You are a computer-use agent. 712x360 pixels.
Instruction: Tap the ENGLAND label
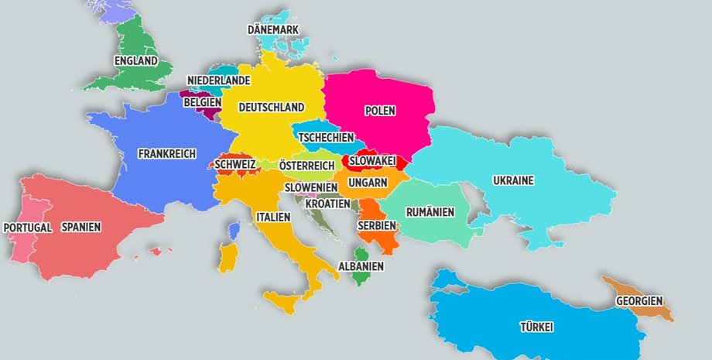pyautogui.click(x=135, y=61)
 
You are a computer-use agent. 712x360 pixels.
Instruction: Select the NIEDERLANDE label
pyautogui.click(x=218, y=81)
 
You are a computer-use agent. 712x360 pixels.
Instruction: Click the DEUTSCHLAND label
pyautogui.click(x=271, y=107)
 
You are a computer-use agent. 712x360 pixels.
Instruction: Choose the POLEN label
pyautogui.click(x=380, y=111)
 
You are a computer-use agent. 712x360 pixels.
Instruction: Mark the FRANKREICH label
pyautogui.click(x=167, y=153)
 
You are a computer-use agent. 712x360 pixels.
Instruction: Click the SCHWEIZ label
pyautogui.click(x=235, y=165)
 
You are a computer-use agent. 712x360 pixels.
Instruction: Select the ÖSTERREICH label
pyautogui.click(x=306, y=166)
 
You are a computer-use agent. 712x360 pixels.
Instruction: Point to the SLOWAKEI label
pyautogui.click(x=372, y=161)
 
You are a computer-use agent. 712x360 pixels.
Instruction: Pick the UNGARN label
pyautogui.click(x=368, y=183)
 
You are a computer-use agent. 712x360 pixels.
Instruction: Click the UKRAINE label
pyautogui.click(x=513, y=181)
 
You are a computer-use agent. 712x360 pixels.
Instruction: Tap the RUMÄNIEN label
pyautogui.click(x=430, y=211)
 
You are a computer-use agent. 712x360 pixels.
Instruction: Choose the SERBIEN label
pyautogui.click(x=377, y=225)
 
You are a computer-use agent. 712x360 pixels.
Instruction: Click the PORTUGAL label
pyautogui.click(x=28, y=228)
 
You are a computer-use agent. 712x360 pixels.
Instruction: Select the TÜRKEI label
pyautogui.click(x=536, y=327)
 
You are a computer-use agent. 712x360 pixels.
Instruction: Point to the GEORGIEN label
pyautogui.click(x=638, y=301)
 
